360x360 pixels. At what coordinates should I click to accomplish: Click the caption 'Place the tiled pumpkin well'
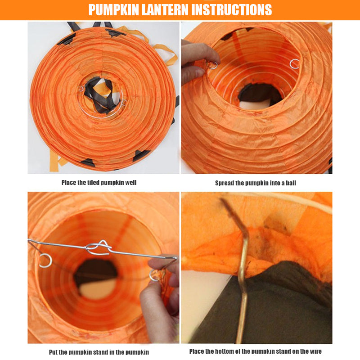tap(99, 183)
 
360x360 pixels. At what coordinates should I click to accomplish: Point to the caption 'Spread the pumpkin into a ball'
tap(256, 183)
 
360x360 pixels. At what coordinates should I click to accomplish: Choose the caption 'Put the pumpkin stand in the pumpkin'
tap(99, 352)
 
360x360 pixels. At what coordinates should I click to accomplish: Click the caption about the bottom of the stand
tap(256, 351)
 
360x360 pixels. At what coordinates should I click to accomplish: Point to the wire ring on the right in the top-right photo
tap(295, 64)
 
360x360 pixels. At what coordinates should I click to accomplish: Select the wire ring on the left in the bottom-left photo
tap(45, 261)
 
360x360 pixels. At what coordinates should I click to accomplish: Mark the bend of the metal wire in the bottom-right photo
tap(245, 234)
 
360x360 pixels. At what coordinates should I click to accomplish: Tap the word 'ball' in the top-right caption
tap(291, 183)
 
